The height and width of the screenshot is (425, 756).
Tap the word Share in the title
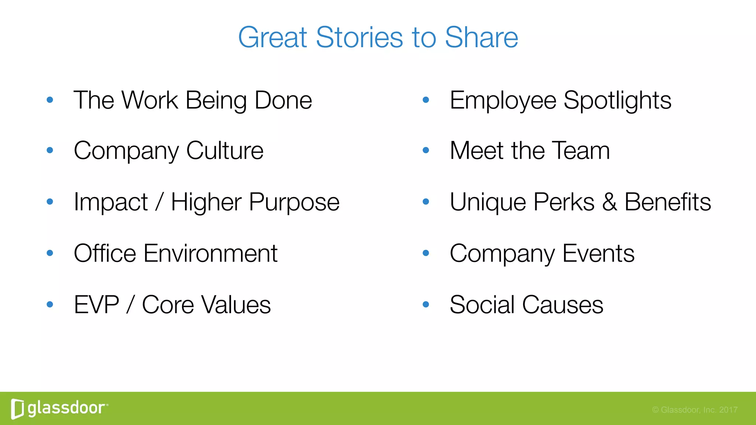[x=481, y=38]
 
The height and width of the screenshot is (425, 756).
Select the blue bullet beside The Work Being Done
[x=50, y=100]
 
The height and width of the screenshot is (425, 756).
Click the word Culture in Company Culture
[x=225, y=151]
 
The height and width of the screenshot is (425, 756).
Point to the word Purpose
[x=294, y=203]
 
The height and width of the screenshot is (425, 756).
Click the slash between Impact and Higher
[x=159, y=202]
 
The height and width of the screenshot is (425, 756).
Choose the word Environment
[x=210, y=253]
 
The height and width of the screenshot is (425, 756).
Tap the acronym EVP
[x=96, y=305]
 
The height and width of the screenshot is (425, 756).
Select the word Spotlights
[x=617, y=100]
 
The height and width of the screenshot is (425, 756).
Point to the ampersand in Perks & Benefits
[x=609, y=202]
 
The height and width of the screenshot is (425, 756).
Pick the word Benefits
[x=667, y=202]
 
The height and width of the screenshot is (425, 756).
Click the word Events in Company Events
[x=598, y=253]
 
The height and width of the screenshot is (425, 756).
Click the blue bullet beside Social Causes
[x=426, y=304]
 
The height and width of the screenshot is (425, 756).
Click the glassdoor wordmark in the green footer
[x=66, y=408]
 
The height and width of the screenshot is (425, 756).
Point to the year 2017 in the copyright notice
[x=728, y=410]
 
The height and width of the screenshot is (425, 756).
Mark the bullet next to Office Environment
[x=50, y=253]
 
